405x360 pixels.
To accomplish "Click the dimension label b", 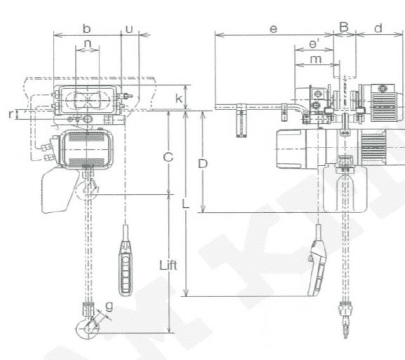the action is pos(86,29).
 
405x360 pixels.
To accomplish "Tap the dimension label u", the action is pos(129,29).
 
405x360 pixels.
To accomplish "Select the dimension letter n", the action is pos(87,44).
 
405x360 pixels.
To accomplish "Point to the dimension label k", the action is pos(179,98).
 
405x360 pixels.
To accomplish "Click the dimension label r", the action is pos(11,114).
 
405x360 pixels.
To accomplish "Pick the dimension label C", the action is pos(168,157).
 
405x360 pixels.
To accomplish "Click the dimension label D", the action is pos(203,164).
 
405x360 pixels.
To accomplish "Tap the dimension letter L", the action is pos(186,204).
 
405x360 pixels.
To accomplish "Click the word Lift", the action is pos(168,265).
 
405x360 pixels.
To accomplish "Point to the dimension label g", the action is pos(109,306).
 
